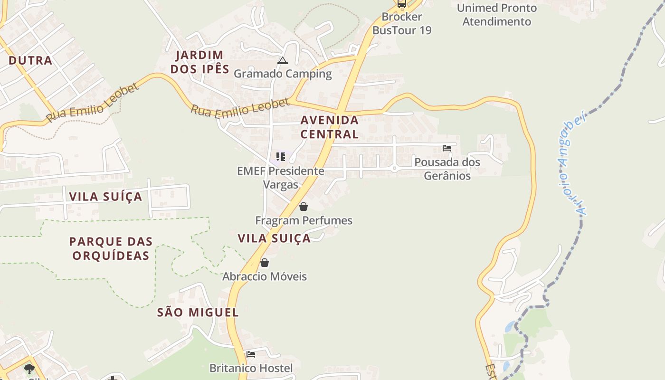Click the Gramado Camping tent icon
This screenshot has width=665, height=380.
coord(283,61)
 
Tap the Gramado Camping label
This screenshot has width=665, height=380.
coord(283,74)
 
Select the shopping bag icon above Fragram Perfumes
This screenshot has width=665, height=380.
coord(304,207)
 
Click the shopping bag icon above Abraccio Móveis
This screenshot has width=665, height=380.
coord(265,263)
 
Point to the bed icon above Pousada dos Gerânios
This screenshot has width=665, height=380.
coord(447,148)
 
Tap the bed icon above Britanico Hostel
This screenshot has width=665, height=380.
coord(251,354)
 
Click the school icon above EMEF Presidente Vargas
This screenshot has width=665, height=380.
coord(281,156)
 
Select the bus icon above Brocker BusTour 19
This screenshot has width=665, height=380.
coord(402,4)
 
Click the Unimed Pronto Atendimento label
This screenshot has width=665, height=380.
coord(496,15)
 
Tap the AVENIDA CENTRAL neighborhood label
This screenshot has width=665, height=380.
coord(329,127)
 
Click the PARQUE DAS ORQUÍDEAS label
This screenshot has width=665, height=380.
coord(111,248)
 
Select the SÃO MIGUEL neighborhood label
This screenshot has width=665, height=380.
coord(198,313)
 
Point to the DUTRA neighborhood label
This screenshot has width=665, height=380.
coord(30,60)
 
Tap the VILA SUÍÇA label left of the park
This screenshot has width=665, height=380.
coord(105,197)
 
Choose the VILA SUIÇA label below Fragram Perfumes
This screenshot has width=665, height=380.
coord(274,238)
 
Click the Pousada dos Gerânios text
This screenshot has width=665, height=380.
coord(447,169)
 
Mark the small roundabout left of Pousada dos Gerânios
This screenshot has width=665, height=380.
coord(394,168)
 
